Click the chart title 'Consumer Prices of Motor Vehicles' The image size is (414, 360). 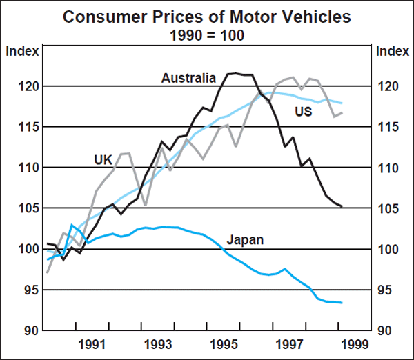pos(207,16)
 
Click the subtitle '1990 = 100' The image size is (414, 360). pos(207,34)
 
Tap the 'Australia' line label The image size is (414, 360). pos(188,79)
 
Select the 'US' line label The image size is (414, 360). pos(304,111)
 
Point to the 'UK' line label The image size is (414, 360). pos(103,160)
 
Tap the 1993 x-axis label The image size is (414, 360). pos(158,343)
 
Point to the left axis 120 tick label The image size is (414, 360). pos(23,87)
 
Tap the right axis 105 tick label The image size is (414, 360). pos(386,209)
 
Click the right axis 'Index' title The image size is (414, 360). pos(391,51)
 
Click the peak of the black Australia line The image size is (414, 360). pos(235,72)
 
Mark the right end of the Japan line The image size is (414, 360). pos(342,303)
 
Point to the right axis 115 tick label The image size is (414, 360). pos(386,128)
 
